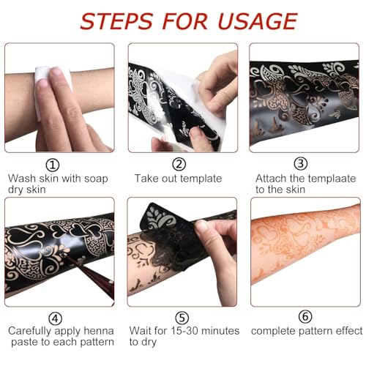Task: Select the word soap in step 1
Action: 97,178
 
